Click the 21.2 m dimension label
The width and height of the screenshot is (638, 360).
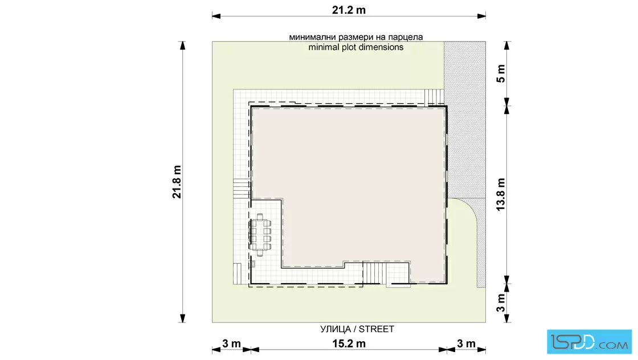click(349, 10)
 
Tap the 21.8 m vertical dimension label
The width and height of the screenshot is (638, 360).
click(177, 182)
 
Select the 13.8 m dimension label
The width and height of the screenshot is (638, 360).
click(501, 194)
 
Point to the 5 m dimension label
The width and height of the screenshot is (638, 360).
click(501, 73)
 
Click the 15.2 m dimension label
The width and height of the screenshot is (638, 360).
click(349, 343)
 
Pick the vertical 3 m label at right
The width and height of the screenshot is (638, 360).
click(501, 302)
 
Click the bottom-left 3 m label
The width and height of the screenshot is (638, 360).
click(231, 343)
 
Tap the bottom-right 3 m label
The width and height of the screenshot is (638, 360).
click(466, 343)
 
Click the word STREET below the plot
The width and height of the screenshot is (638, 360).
click(377, 329)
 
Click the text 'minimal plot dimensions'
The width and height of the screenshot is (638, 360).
click(356, 47)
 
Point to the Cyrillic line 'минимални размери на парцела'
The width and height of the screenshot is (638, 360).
click(356, 37)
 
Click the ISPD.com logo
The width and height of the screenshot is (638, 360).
click(589, 342)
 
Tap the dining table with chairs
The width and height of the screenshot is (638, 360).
click(260, 235)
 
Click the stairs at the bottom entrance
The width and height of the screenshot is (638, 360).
click(374, 272)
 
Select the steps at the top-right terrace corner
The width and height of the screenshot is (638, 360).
click(434, 97)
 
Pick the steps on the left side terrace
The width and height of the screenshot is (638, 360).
click(242, 189)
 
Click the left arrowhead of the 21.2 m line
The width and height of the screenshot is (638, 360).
click(216, 17)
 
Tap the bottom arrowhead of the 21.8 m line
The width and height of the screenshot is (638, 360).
click(183, 318)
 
